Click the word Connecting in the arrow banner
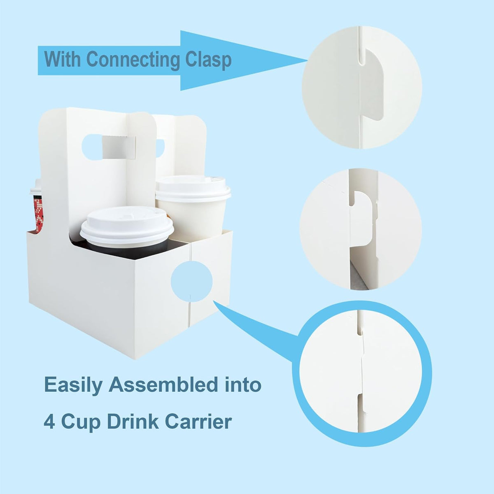[133, 60]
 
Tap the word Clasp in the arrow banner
[208, 60]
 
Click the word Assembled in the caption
[163, 385]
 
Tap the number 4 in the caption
[49, 422]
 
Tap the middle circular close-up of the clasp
[361, 229]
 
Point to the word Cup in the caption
[80, 422]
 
